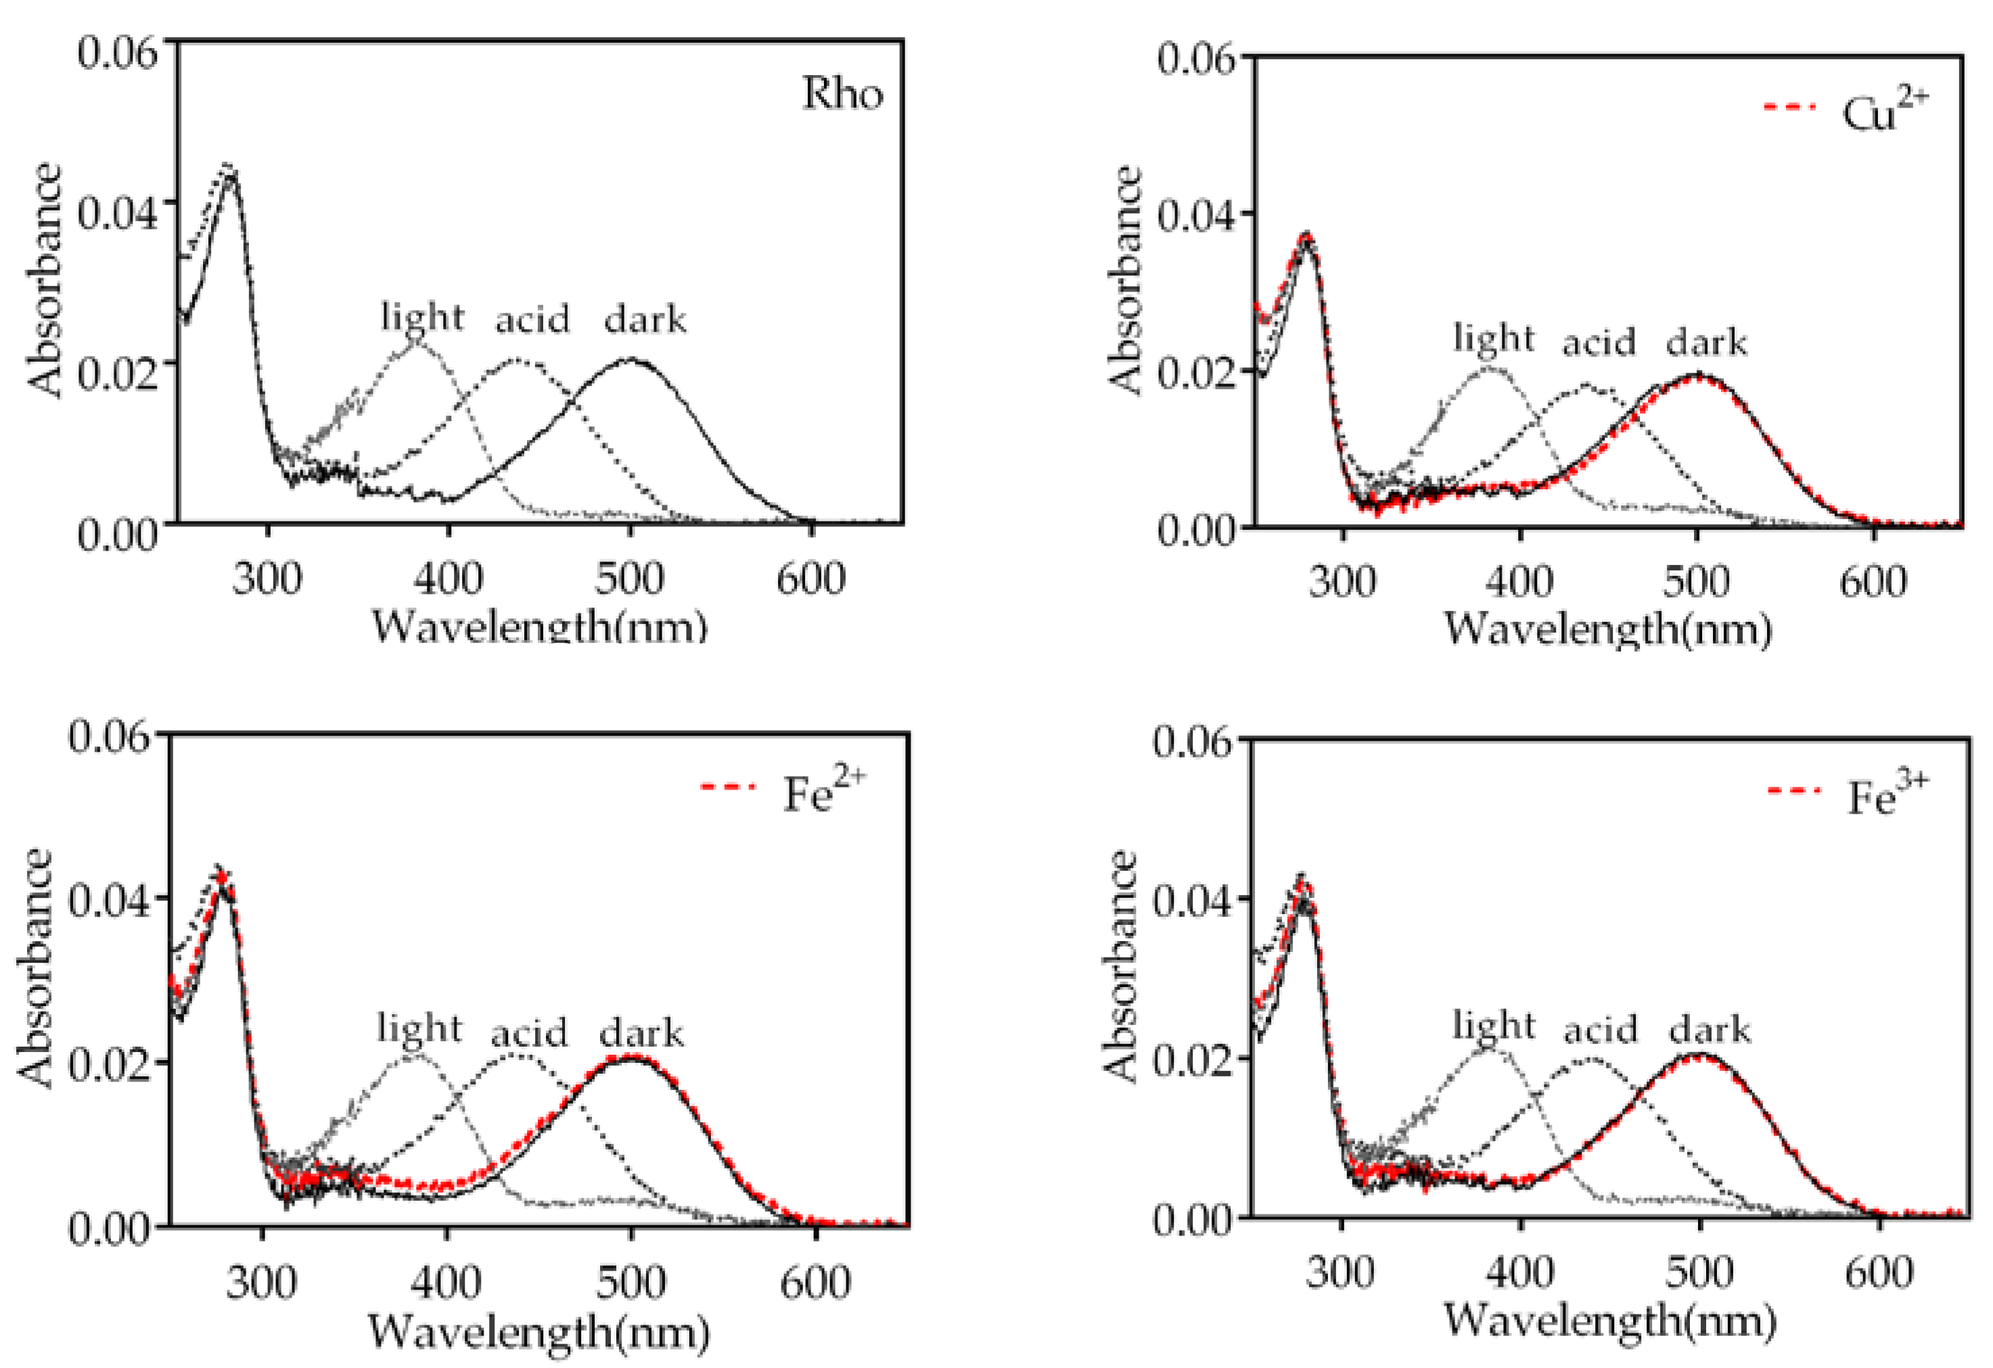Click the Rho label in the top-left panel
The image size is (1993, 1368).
842,93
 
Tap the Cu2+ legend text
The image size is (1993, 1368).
1884,112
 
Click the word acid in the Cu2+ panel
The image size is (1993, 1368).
1599,342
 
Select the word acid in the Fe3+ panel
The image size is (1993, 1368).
1600,1028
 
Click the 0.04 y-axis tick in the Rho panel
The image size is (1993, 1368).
118,212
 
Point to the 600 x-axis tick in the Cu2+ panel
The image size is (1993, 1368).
1872,583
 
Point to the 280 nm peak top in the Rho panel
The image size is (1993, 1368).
230,166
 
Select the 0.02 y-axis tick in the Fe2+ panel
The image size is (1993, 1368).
110,1064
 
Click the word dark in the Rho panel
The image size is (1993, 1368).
645,319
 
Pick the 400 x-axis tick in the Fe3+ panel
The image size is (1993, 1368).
1519,1272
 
